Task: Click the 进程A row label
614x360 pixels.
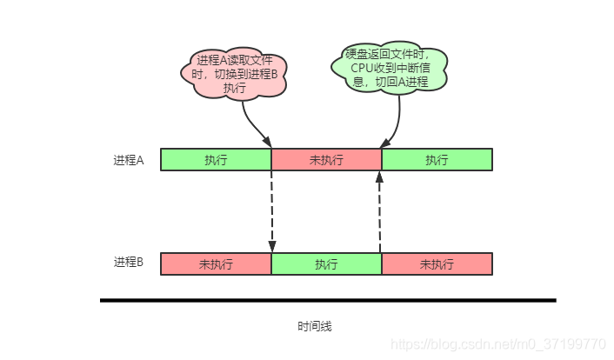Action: click(129, 160)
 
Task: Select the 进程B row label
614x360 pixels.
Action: click(129, 262)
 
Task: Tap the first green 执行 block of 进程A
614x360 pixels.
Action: click(216, 159)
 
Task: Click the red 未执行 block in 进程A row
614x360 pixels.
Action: click(326, 159)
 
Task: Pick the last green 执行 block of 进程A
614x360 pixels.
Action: click(437, 159)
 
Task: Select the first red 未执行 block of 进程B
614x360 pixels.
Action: click(216, 264)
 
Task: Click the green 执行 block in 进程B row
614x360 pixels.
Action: click(326, 264)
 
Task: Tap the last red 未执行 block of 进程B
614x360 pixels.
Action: click(437, 264)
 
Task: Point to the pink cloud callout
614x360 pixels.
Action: click(234, 74)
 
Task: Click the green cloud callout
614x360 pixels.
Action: click(390, 67)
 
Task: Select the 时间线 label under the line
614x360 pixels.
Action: click(315, 326)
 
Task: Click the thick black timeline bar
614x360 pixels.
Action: click(328, 301)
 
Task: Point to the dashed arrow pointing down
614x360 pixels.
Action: click(271, 211)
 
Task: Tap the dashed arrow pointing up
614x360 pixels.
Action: click(379, 212)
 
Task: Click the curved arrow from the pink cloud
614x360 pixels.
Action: click(252, 125)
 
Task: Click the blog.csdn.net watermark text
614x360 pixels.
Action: click(498, 344)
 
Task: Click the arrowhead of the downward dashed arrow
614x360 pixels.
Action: click(272, 247)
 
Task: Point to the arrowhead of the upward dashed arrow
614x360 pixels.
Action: click(379, 177)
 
